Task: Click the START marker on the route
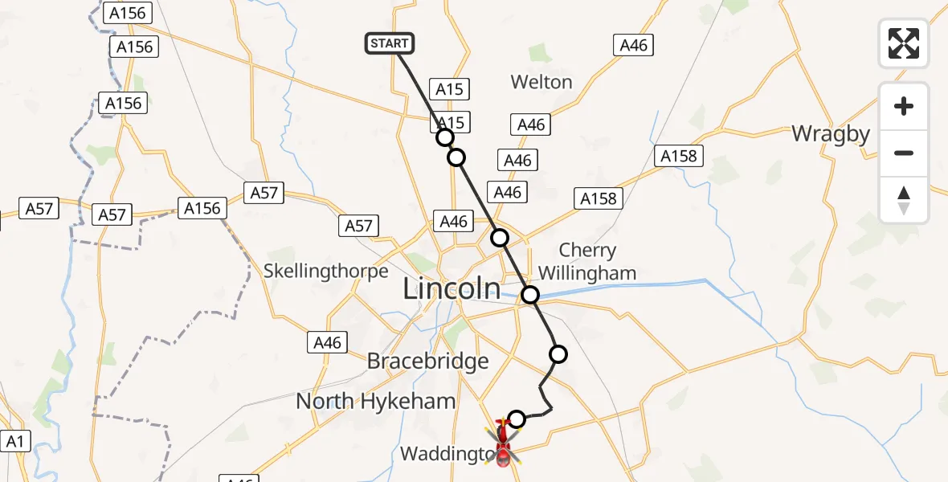tap(390, 43)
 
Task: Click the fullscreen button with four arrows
tap(904, 43)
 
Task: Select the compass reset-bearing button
tap(904, 200)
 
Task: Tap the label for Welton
tap(541, 82)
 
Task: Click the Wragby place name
tap(831, 133)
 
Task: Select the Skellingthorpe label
tap(326, 271)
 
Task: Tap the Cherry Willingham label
tap(586, 262)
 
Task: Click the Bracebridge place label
tap(427, 361)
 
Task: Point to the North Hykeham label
tap(376, 400)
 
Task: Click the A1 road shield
tap(14, 440)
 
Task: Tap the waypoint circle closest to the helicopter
tap(517, 419)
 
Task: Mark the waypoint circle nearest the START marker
tap(445, 137)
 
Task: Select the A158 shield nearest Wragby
tap(679, 155)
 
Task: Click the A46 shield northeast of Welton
tap(633, 45)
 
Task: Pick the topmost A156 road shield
tap(127, 13)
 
